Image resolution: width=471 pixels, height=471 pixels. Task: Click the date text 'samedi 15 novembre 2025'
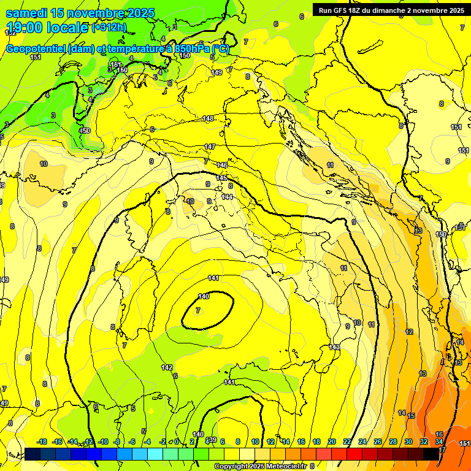pos(80,13)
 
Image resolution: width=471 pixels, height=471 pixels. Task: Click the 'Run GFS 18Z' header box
pos(391,10)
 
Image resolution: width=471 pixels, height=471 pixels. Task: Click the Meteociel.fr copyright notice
pos(261,466)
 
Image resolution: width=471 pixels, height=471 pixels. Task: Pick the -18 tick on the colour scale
pos(42,442)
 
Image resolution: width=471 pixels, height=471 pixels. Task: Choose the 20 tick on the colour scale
pos(332,442)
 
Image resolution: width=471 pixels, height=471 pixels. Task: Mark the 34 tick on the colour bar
pos(439,442)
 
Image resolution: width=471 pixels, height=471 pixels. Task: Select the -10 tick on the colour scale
pos(103,442)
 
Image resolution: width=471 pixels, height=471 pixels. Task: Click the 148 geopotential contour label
pos(209,118)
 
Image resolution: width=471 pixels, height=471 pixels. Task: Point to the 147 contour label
pos(210,147)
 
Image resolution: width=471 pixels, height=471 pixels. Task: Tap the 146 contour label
pos(222,166)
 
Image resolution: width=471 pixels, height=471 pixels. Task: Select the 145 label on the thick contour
pos(221,178)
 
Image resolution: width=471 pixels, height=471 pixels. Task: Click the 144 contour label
pos(227,197)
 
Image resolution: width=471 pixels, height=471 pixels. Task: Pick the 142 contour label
pos(167,367)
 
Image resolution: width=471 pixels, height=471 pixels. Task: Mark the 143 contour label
pos(334,347)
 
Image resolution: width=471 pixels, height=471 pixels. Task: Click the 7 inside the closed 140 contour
pos(197,311)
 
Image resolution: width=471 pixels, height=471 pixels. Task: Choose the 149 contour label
pos(216,72)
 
